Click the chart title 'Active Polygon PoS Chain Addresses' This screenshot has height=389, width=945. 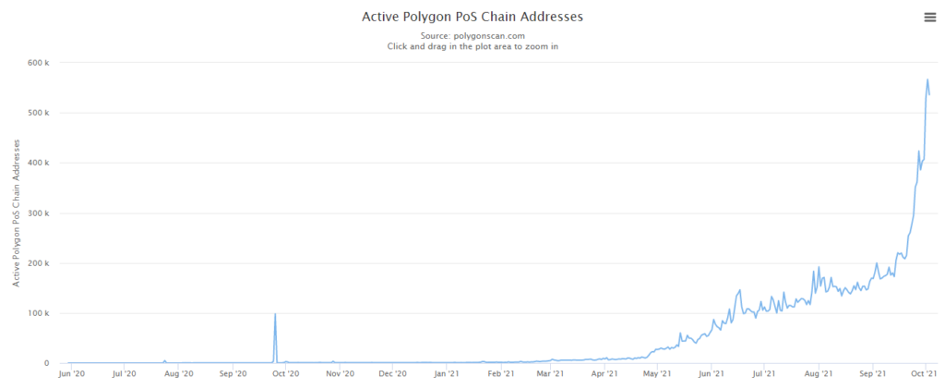(x=472, y=17)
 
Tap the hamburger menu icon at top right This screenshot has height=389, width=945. (x=929, y=17)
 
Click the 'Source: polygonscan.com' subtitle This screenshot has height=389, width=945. (x=472, y=35)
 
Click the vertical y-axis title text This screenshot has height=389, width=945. (x=17, y=213)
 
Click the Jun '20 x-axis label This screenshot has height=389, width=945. (x=71, y=374)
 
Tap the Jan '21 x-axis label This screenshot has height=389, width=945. (x=447, y=374)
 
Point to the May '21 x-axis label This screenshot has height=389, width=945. (x=658, y=374)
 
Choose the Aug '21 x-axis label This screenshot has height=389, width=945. (x=819, y=374)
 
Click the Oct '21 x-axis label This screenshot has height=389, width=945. (x=925, y=374)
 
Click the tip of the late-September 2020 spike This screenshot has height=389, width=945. (x=275, y=314)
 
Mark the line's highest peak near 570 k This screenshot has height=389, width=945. (x=927, y=79)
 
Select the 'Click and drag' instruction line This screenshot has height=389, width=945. (x=472, y=46)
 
